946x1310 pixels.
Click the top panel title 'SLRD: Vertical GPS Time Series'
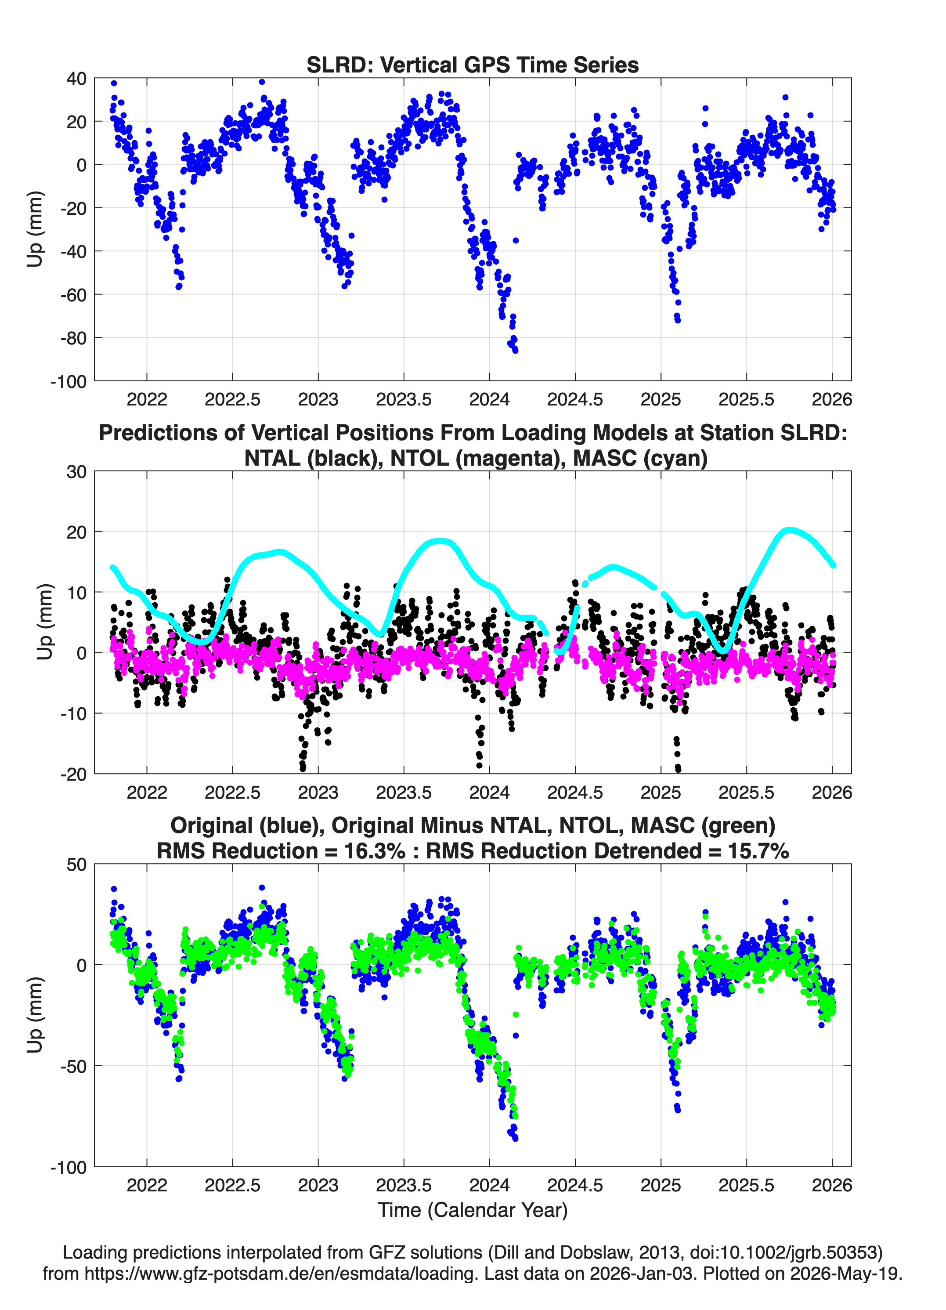[x=473, y=65]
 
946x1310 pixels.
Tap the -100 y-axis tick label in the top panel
[x=68, y=382]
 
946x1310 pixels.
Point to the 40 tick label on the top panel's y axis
[x=76, y=79]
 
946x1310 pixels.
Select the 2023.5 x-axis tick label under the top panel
[x=404, y=399]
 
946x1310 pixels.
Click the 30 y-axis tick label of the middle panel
[x=76, y=472]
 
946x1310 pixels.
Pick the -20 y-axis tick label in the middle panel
[x=73, y=774]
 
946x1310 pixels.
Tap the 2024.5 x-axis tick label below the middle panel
[x=575, y=793]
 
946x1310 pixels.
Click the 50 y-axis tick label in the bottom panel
[x=76, y=865]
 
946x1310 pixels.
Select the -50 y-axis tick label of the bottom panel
[x=73, y=1066]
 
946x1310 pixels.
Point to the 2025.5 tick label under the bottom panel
[x=746, y=1185]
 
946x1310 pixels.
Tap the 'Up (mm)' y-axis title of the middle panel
[x=44, y=622]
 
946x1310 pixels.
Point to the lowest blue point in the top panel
[x=515, y=351]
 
